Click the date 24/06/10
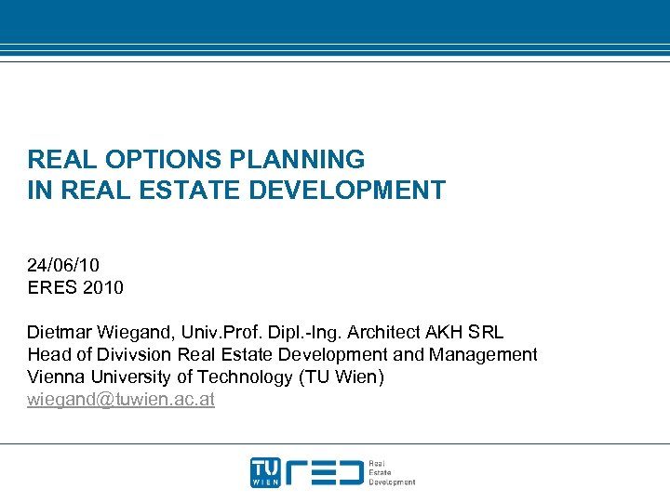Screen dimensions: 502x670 pyautogui.click(x=63, y=265)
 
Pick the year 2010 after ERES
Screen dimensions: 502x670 pyautogui.click(x=102, y=287)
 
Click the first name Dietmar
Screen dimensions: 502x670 pyautogui.click(x=58, y=332)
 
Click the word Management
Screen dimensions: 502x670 pyautogui.click(x=483, y=354)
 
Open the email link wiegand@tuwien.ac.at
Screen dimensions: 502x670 pyautogui.click(x=121, y=399)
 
